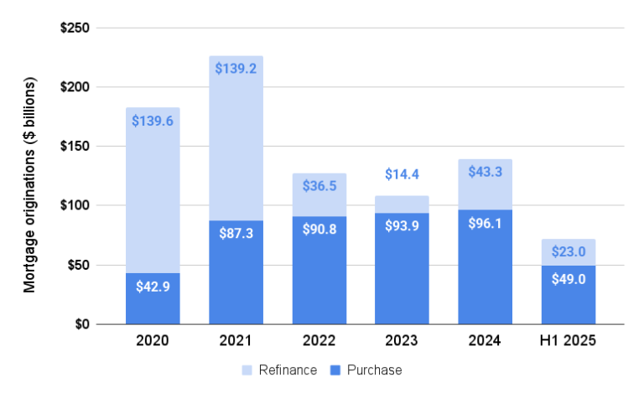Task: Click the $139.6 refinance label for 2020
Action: (153, 121)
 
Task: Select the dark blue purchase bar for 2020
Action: (153, 298)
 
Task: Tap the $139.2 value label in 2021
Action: (236, 70)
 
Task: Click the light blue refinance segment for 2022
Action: (319, 188)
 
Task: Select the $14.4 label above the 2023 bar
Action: (402, 174)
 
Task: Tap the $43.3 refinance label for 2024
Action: (486, 173)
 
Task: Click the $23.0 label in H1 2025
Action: (569, 252)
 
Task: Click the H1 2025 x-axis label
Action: (569, 341)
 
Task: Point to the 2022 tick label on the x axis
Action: (319, 341)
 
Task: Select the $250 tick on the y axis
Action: (75, 28)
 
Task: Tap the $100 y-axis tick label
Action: (75, 206)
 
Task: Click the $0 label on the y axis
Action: (80, 324)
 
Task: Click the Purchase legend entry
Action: (366, 370)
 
